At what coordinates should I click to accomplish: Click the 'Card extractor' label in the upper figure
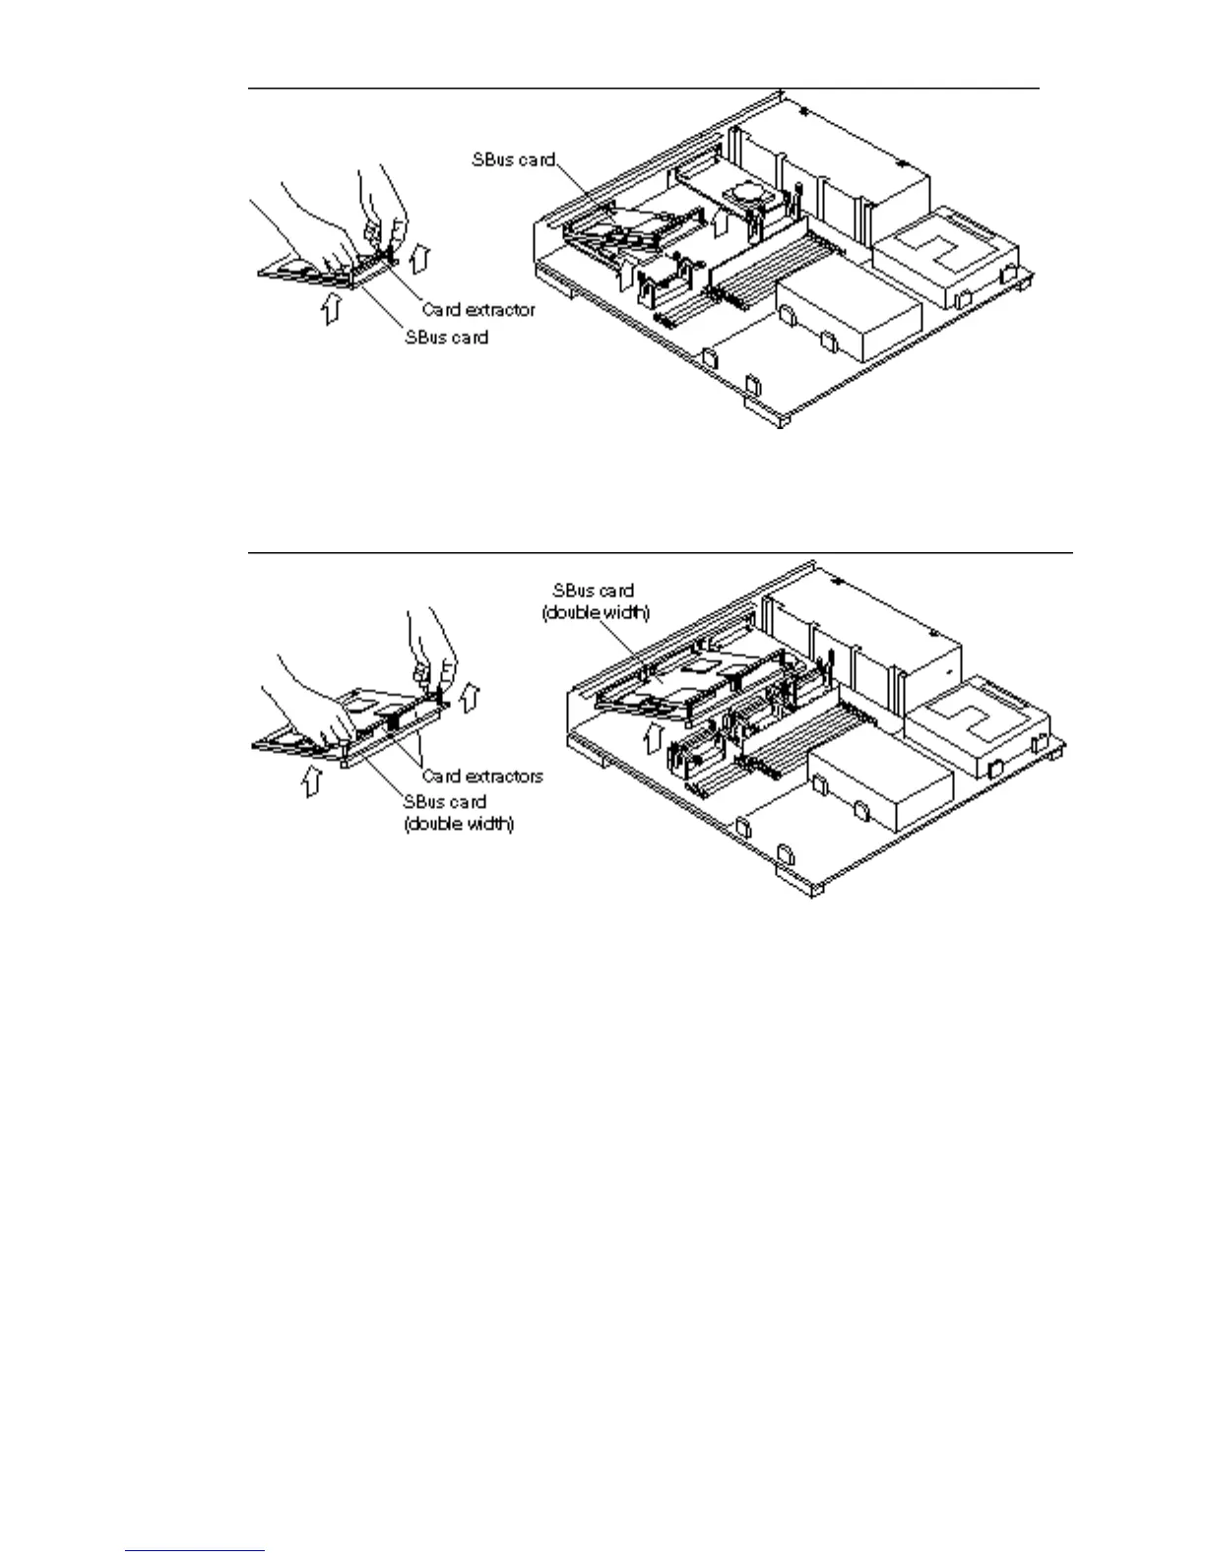(478, 309)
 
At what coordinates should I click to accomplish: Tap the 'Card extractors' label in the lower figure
(482, 776)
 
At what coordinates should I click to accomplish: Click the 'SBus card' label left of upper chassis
(512, 159)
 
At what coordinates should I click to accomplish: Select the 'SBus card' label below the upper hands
(446, 337)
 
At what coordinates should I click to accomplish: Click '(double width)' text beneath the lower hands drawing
(459, 823)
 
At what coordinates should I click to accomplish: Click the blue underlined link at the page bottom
(195, 1552)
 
